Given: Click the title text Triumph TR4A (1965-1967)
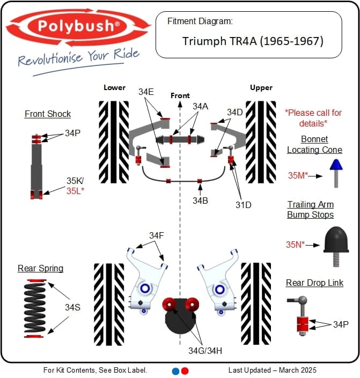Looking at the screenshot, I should (x=253, y=41).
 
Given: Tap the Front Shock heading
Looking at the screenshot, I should (x=48, y=114).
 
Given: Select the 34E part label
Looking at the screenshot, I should (x=146, y=92).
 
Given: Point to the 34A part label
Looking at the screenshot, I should (x=200, y=106).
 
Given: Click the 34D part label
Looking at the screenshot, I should (x=235, y=112).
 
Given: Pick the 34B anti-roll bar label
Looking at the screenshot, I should (x=201, y=201).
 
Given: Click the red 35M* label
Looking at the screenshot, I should (x=298, y=175).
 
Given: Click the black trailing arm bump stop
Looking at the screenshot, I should (x=336, y=240).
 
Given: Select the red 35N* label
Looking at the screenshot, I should (x=295, y=244).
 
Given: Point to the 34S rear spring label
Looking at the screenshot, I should (x=73, y=307).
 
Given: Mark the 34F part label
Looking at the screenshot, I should (x=157, y=235).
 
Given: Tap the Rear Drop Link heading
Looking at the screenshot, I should (x=314, y=283).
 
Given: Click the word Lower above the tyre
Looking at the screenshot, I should (x=114, y=87).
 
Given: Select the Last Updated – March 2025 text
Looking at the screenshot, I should (x=272, y=370).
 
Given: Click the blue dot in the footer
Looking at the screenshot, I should (x=175, y=370).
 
